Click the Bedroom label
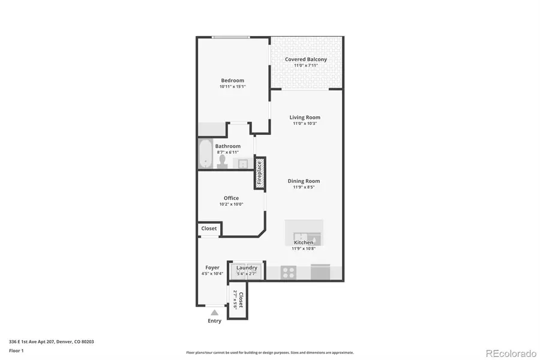point(232,80)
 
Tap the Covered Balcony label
point(306,59)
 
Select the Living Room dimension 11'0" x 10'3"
point(305,124)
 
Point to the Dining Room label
point(304,181)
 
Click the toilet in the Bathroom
point(223,163)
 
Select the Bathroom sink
point(244,163)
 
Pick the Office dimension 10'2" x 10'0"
point(231,205)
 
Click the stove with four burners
point(289,272)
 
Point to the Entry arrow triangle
point(214,313)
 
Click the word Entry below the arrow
point(214,321)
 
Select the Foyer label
point(212,268)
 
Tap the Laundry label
point(247,268)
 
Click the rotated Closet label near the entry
point(241,299)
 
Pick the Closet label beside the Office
point(209,229)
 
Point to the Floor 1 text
point(16,350)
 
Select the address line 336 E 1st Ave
point(51,341)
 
